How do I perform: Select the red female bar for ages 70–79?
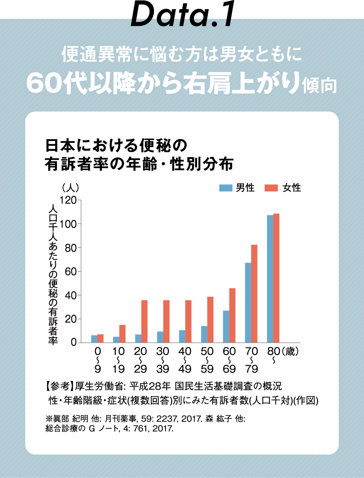(x=254, y=294)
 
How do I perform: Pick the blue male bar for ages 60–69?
(x=226, y=327)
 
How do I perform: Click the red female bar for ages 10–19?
(x=122, y=334)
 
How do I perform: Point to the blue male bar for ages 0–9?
(x=94, y=339)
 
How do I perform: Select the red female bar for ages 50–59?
(x=210, y=320)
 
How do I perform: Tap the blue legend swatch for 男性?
(x=226, y=188)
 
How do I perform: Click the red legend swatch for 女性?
(x=271, y=188)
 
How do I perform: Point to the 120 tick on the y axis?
(x=68, y=200)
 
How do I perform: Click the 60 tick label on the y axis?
(x=71, y=272)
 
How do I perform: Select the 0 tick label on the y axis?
(x=74, y=342)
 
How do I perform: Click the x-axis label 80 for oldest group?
(x=274, y=351)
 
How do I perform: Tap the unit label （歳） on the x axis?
(x=290, y=351)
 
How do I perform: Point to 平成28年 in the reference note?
(x=150, y=386)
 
